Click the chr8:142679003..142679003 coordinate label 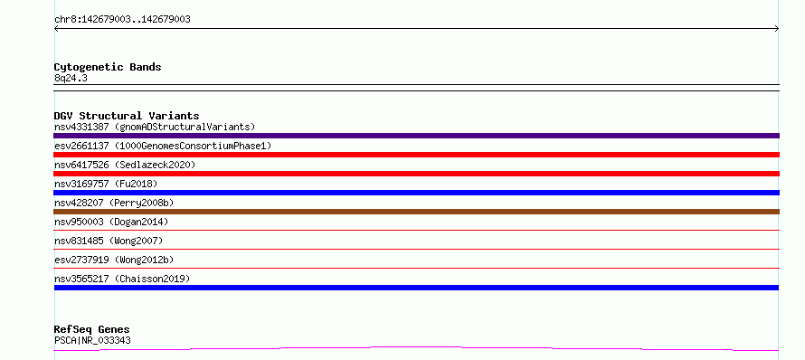coord(122,20)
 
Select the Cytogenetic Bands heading coord(108,67)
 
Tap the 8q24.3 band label coord(71,78)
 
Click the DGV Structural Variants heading coord(127,116)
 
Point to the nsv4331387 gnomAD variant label coord(155,127)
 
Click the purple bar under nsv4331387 coord(416,136)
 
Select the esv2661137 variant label coord(163,146)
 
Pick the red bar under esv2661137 coord(416,155)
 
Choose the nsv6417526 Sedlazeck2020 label coord(125,165)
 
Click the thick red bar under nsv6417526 coord(416,174)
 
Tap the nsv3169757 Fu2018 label coord(106,184)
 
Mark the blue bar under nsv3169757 coord(416,193)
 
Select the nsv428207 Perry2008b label coord(114,203)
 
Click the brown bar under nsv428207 coord(416,212)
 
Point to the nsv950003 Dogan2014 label coord(111,222)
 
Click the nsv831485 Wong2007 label coord(109,241)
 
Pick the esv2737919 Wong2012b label coord(118,260)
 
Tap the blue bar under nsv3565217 coord(416,288)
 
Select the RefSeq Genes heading coord(92,330)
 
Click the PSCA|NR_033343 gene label coord(92,340)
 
